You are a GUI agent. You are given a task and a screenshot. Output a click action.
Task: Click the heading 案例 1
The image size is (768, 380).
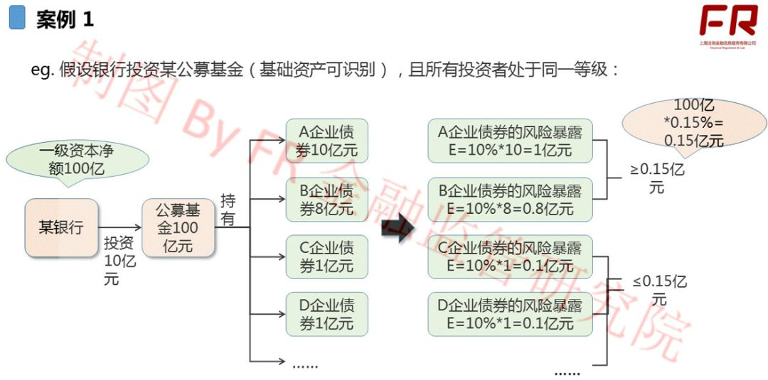coord(65,19)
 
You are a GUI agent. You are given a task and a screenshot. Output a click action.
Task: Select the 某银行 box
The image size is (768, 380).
coord(61,227)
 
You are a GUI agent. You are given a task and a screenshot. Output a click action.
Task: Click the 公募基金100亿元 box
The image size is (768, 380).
coord(178,227)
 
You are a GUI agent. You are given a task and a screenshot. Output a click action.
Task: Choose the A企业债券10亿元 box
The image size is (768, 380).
coord(326,141)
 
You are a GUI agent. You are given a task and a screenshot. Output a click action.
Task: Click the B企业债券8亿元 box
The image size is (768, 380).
coord(326,200)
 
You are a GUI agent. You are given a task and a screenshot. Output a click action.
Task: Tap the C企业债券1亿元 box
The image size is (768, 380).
coord(326,257)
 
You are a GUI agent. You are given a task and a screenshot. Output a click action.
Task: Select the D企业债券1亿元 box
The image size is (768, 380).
coord(326,315)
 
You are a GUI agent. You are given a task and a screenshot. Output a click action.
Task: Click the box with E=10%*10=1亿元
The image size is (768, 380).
coord(510,141)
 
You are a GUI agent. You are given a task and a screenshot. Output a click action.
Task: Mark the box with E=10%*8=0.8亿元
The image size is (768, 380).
coord(510,200)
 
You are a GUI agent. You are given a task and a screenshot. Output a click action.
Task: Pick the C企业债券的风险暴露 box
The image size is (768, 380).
coord(510,257)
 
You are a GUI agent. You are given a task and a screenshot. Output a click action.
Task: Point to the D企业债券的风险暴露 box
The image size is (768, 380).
coord(510,315)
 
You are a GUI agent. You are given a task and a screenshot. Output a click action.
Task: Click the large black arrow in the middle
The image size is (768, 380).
coord(397,229)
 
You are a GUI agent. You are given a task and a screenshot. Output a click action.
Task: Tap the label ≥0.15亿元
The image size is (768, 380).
coord(658,178)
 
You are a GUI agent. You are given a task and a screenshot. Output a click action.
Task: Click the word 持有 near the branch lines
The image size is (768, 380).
coord(228,210)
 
